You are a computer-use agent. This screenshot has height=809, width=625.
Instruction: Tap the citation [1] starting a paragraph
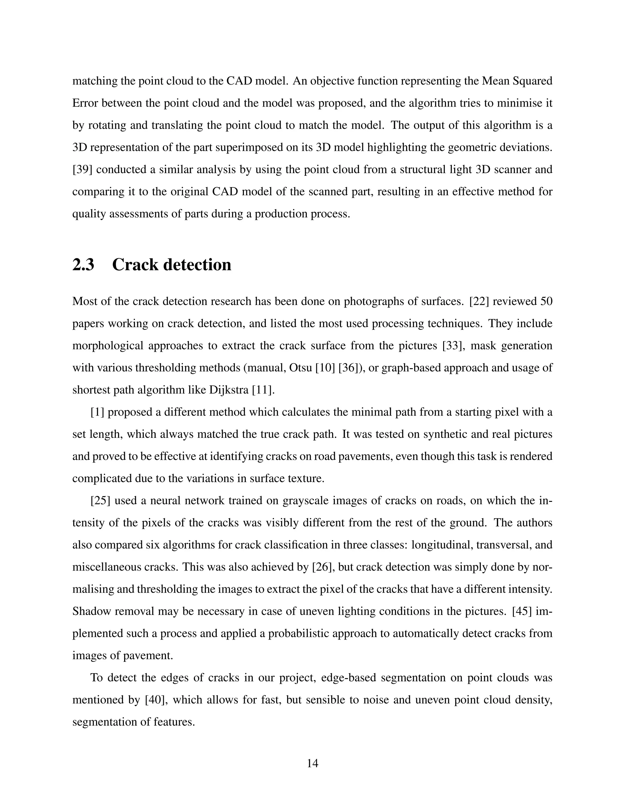[97, 412]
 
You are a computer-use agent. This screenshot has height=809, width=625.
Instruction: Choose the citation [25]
[100, 501]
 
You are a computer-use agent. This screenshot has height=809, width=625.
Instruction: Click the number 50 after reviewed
[546, 302]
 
